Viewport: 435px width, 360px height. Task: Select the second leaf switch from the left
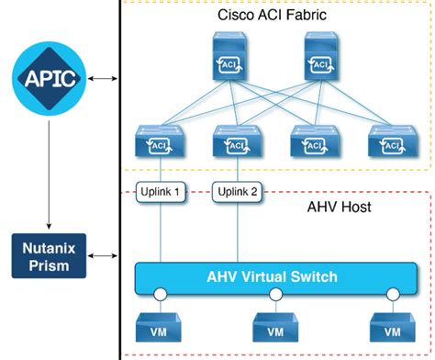(x=235, y=141)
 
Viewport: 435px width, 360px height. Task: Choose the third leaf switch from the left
(x=311, y=141)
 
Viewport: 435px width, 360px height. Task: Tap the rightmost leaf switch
(x=387, y=141)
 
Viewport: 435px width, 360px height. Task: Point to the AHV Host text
(x=338, y=208)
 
